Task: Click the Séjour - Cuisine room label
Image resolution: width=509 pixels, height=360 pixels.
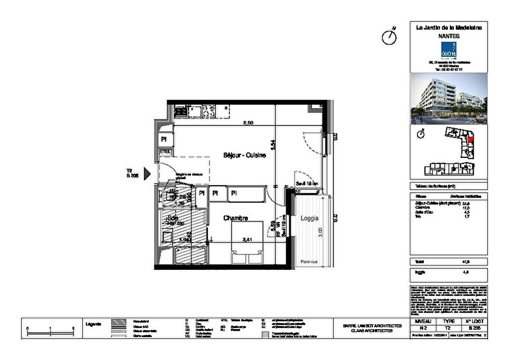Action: [x=244, y=155]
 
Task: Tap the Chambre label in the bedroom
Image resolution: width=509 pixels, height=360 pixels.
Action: [x=236, y=218]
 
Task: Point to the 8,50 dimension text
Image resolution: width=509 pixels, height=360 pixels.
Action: [x=248, y=122]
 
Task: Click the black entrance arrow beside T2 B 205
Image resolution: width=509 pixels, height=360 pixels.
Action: [x=147, y=173]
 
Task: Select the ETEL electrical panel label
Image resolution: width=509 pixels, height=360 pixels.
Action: [x=165, y=151]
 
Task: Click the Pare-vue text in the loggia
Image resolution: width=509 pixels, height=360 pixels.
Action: [x=309, y=262]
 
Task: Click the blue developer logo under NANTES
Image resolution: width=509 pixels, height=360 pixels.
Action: [x=448, y=50]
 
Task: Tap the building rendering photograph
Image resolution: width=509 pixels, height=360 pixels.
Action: [x=448, y=99]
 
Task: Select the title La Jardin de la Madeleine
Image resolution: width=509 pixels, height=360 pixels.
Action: [x=448, y=28]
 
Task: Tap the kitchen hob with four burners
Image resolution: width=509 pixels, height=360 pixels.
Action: [x=208, y=111]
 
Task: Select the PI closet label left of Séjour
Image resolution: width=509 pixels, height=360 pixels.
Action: [x=164, y=140]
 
